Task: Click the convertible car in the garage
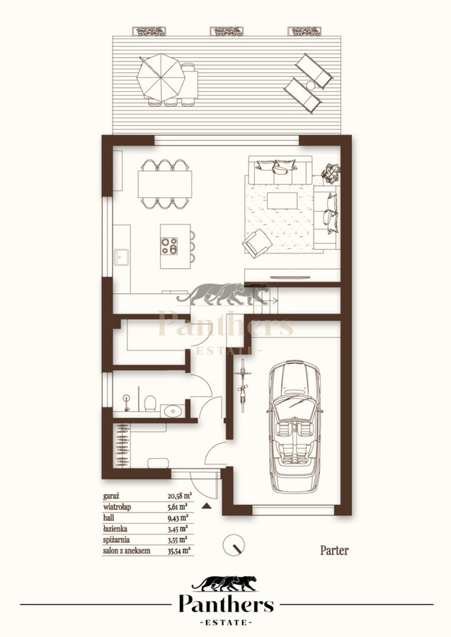click(295, 427)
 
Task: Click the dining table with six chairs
click(165, 185)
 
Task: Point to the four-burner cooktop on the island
click(169, 246)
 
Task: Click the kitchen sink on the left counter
click(122, 257)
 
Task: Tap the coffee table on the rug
click(282, 201)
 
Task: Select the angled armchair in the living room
click(257, 243)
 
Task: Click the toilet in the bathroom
click(150, 403)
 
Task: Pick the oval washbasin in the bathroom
click(173, 411)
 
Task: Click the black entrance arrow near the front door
click(207, 506)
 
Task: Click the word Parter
click(334, 551)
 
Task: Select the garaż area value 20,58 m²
click(180, 495)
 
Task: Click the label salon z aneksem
click(127, 551)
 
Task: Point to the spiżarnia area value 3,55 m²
click(178, 540)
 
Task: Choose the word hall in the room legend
click(108, 518)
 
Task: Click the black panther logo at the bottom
click(224, 583)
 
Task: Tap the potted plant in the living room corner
click(331, 173)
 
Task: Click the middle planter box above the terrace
click(227, 31)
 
